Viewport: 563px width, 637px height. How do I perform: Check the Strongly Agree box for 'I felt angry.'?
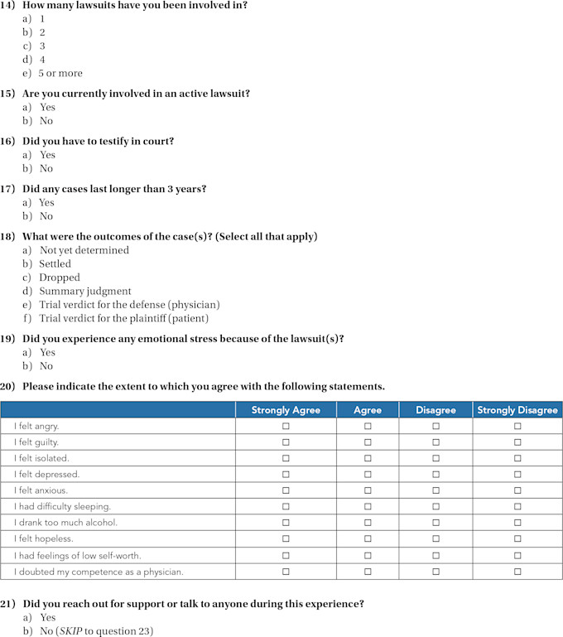coord(286,426)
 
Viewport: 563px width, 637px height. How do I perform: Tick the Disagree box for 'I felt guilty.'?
coord(435,442)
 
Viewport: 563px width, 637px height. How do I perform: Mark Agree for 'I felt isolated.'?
coord(368,458)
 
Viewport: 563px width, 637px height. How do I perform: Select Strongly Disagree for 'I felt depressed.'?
coord(517,474)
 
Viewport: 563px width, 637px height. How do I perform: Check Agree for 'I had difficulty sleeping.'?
coord(368,506)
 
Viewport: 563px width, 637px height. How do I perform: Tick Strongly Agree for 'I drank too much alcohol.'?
coord(286,523)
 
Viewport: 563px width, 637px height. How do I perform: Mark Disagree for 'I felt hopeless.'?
coord(435,538)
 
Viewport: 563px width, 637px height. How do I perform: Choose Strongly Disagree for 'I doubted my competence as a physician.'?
coord(517,571)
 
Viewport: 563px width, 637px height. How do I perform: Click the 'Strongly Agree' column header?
coord(286,410)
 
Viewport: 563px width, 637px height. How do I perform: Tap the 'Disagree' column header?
coord(435,410)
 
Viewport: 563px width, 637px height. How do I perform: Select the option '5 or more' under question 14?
coord(60,73)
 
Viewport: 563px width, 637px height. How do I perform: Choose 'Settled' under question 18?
coord(55,264)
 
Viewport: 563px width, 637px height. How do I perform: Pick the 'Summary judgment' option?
coord(84,291)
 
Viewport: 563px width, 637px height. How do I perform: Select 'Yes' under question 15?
coord(47,108)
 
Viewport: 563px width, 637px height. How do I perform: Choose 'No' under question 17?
coord(46,216)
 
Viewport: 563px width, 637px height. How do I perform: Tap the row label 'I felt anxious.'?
coord(41,490)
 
